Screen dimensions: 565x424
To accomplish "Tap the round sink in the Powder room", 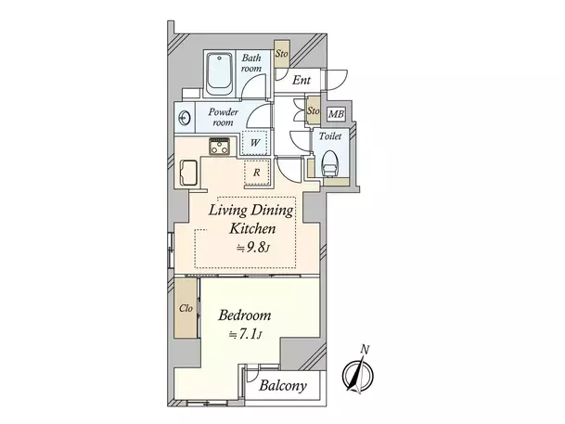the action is [185, 118].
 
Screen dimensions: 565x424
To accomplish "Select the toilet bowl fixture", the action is [329, 163].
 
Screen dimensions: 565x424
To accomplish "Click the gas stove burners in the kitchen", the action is [219, 147].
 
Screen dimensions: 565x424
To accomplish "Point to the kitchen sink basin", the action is [188, 173].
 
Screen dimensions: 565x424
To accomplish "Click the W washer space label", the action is [255, 143].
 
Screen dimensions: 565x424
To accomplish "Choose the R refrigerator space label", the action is [257, 173].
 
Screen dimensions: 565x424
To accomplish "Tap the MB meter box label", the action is [336, 114].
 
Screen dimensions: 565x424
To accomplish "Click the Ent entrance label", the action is [302, 80].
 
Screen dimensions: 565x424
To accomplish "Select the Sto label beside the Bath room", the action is [281, 54].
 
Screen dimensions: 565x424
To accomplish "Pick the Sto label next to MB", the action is [314, 110].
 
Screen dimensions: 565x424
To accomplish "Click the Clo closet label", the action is [186, 308].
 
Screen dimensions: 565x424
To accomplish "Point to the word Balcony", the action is [283, 386].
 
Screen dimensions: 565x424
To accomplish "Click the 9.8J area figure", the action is [253, 248].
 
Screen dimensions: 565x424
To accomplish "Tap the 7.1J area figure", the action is [245, 335].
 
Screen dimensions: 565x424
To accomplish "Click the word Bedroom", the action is [245, 315].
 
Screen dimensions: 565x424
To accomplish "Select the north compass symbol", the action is [357, 375].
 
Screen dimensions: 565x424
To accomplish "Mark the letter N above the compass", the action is [366, 349].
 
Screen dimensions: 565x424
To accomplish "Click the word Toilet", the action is [330, 136].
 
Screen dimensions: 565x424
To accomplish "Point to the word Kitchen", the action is [252, 228].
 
